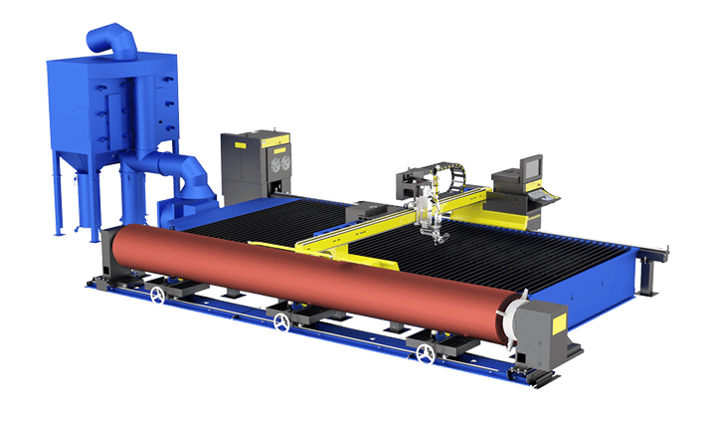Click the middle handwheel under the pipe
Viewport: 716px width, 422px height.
point(283,323)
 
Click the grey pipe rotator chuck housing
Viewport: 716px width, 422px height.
point(542,328)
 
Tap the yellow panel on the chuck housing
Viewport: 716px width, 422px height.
point(549,316)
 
